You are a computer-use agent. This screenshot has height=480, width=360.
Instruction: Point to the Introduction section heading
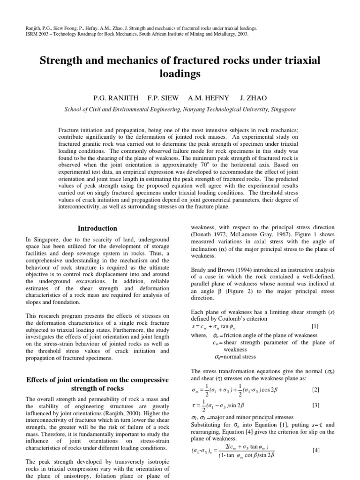pyautogui.click(x=97, y=228)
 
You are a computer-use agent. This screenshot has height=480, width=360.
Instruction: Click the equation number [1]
pyautogui.click(x=315, y=325)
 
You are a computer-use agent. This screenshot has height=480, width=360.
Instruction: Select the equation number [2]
pyautogui.click(x=315, y=390)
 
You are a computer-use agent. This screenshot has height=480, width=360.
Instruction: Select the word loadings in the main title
pyautogui.click(x=180, y=74)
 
